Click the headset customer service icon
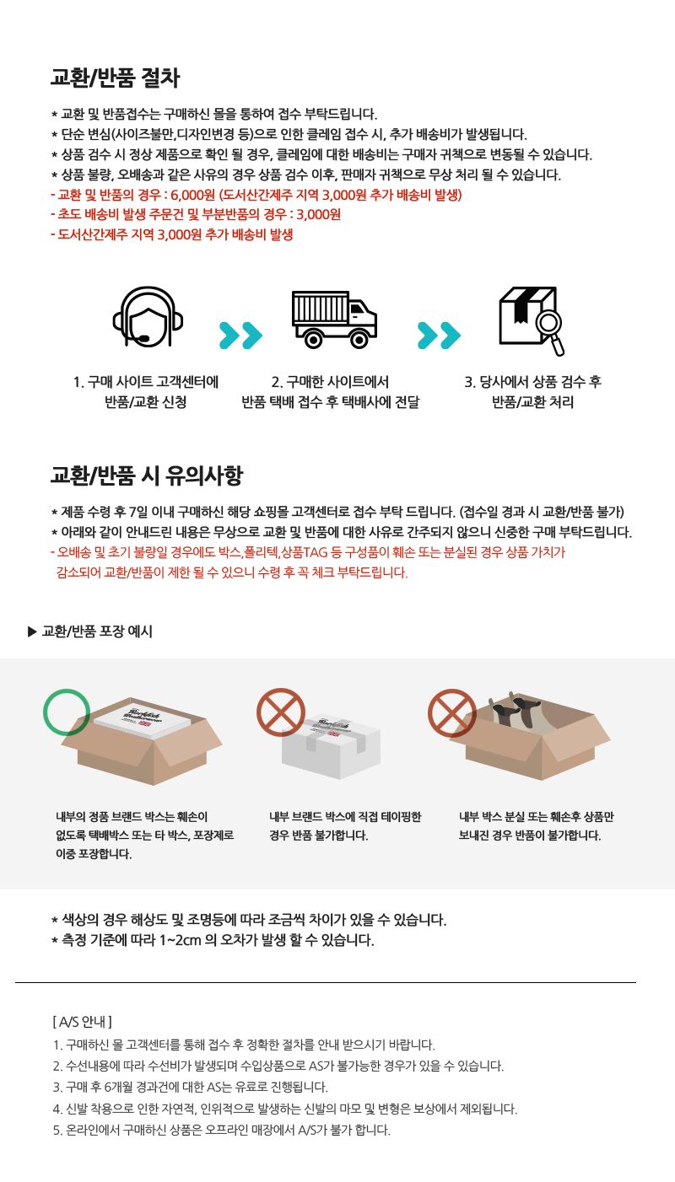pos(148,316)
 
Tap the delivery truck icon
pos(334,320)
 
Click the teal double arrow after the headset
pos(240,335)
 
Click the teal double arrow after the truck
pos(439,335)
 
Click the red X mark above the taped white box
pos(281,712)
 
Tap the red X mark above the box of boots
pos(452,712)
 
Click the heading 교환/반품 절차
pos(115,78)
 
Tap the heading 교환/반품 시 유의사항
pos(146,475)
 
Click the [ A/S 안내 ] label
pos(83,1022)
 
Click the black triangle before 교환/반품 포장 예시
pos(32,631)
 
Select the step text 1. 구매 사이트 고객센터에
pos(146,382)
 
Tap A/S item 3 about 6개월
pos(191,1087)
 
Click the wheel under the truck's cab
pos(359,339)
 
